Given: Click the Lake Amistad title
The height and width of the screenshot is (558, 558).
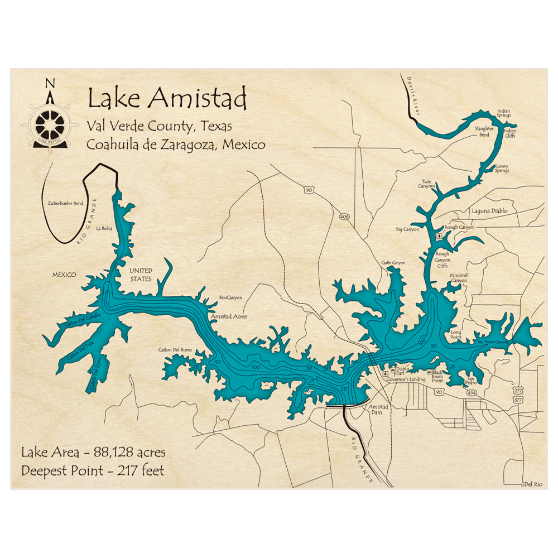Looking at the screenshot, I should [x=167, y=99].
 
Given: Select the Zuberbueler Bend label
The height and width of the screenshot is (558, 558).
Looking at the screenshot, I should [x=65, y=203].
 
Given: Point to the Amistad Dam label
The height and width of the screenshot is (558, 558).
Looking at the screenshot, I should [x=378, y=410].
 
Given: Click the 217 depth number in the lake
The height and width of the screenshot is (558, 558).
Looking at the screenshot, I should [x=344, y=389].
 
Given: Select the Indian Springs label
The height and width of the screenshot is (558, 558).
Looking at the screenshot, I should [x=503, y=114].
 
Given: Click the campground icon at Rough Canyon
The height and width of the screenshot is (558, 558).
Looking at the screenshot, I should [x=439, y=236].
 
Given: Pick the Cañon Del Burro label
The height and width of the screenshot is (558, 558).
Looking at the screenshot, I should [x=175, y=350].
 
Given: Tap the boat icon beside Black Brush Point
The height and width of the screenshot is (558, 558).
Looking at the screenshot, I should [x=429, y=372].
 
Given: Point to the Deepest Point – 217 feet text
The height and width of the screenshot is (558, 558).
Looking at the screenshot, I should [x=93, y=470].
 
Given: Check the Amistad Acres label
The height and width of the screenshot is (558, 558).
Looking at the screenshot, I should [x=228, y=316].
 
